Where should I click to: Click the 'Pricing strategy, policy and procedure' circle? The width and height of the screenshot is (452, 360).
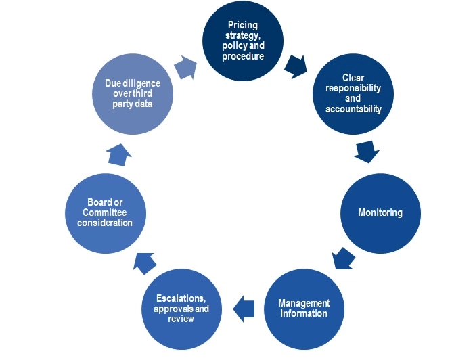click(242, 43)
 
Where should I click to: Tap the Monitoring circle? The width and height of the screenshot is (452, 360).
click(380, 212)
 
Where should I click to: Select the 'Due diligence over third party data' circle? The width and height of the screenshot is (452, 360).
click(132, 93)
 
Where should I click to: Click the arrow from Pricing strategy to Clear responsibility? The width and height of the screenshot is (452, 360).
click(295, 66)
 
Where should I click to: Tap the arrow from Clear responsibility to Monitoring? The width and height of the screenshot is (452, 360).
click(366, 152)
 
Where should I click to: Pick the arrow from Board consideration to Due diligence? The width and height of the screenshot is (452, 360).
click(119, 155)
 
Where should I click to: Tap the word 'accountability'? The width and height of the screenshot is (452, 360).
click(353, 109)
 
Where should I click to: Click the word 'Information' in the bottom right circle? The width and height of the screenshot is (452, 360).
click(304, 313)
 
